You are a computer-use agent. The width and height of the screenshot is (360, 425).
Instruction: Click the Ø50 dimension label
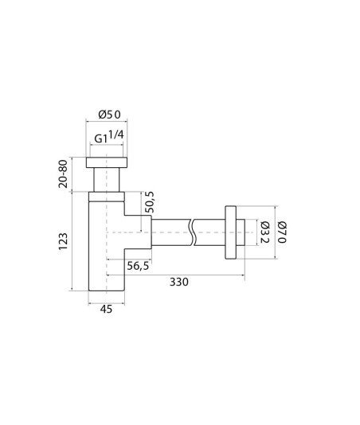(109, 115)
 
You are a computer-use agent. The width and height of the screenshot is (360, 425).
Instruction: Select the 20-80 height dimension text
(63, 174)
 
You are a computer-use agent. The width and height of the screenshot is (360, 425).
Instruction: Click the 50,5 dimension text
(149, 202)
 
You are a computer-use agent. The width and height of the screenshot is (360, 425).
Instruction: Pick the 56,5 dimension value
(138, 266)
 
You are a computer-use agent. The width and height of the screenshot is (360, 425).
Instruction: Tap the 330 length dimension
(179, 282)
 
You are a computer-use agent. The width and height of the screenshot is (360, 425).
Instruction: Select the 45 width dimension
(106, 309)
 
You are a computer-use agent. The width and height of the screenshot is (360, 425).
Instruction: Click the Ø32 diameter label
(264, 232)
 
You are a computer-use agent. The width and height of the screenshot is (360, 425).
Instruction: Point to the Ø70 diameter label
(282, 232)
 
